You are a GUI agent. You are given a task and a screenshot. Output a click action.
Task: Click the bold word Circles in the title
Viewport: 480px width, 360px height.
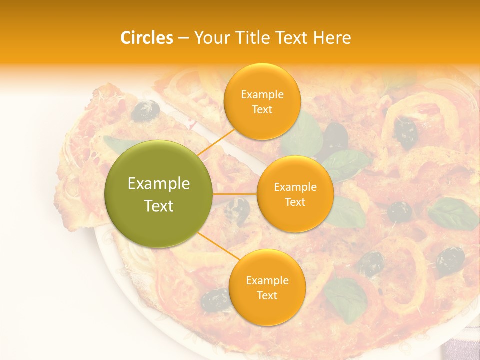tap(147, 38)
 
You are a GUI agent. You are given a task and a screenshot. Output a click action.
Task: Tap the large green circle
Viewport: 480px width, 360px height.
tap(159, 194)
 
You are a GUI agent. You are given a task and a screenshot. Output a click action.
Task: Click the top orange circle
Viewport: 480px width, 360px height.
tap(262, 101)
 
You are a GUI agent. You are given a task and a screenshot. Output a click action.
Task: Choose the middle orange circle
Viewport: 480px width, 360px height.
tap(295, 194)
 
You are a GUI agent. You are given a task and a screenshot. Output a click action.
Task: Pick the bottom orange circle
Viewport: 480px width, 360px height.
tap(267, 287)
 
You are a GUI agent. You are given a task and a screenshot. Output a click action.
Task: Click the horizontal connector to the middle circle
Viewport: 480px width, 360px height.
tap(235, 194)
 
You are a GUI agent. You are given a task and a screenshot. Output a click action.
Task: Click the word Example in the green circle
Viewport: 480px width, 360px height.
tap(159, 184)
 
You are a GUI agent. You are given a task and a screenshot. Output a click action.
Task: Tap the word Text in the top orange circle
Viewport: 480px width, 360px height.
tap(262, 109)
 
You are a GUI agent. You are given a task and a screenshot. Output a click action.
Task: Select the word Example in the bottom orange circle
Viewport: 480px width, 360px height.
tap(267, 280)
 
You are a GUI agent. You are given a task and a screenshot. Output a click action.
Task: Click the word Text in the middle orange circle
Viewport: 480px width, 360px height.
tap(295, 202)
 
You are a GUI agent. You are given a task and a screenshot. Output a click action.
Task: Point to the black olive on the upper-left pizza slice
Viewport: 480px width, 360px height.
tap(145, 110)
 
